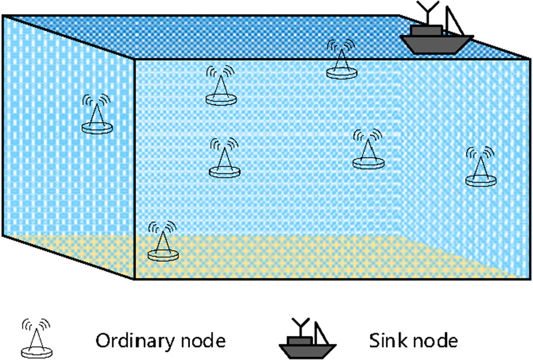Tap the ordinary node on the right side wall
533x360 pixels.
(482, 167)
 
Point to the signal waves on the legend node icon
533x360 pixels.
(36, 325)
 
